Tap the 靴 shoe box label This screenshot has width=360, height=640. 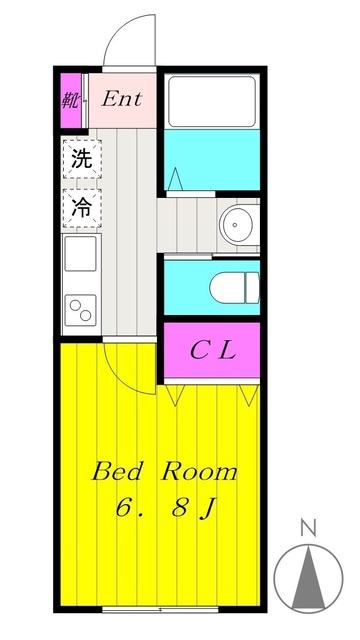(71, 99)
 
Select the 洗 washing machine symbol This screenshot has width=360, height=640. (81, 158)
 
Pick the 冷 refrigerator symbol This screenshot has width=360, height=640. (81, 207)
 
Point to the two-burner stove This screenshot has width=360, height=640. (81, 310)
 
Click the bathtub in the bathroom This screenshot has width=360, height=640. (211, 99)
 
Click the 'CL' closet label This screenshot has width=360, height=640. (212, 350)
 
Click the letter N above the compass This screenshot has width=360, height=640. (308, 527)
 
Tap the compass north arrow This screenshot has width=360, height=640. (308, 578)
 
